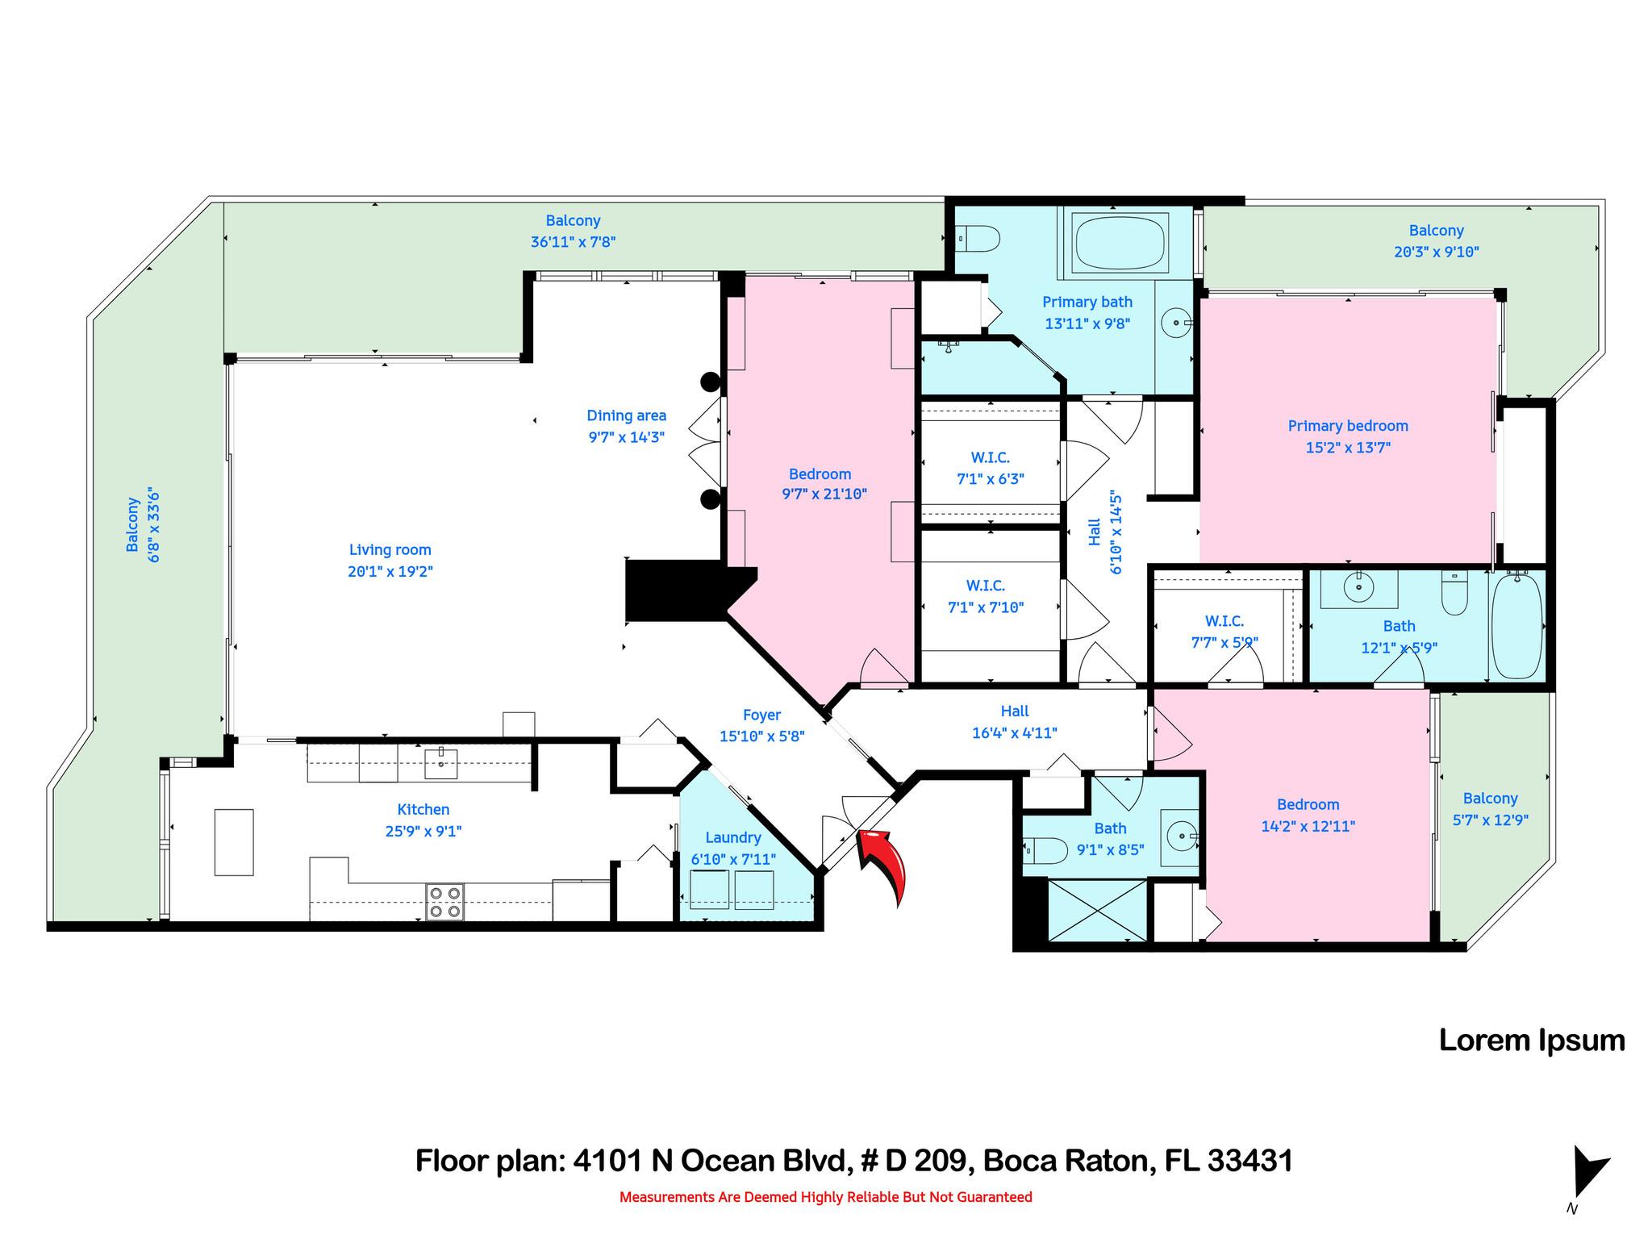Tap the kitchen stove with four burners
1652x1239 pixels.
444,902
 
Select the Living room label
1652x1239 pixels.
390,550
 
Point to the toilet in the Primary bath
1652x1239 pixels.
979,239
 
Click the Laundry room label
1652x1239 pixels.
732,838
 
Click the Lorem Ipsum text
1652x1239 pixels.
1531,1041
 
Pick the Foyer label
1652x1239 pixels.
761,715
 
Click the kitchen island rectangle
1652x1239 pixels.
234,842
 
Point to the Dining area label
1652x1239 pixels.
626,416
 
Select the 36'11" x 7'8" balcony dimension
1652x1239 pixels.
573,242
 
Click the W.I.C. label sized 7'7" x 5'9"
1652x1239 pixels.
1224,621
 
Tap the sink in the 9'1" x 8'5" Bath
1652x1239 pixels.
1179,837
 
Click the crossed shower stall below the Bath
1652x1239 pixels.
1097,910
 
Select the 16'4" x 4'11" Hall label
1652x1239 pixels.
1014,711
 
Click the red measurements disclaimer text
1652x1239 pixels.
825,1197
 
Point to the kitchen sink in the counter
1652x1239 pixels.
440,762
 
